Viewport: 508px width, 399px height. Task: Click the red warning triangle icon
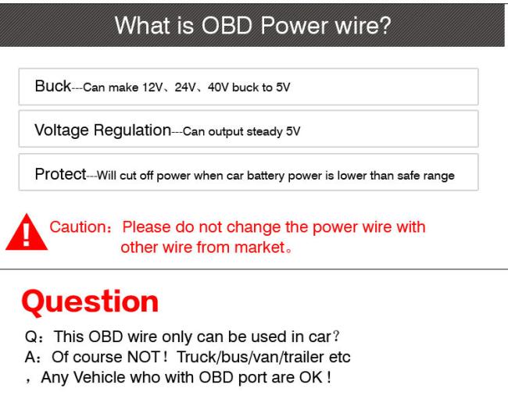[x=27, y=233]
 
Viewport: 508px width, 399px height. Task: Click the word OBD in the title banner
[x=227, y=25]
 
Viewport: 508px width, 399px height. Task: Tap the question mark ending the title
[x=385, y=25]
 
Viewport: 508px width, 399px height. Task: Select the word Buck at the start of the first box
[x=53, y=86]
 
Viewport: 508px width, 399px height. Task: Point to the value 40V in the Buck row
[x=218, y=87]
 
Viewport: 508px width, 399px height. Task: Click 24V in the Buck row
[x=185, y=87]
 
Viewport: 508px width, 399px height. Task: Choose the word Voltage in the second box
[x=62, y=130]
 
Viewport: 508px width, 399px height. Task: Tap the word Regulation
[x=132, y=130]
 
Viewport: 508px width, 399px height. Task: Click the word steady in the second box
[x=264, y=132]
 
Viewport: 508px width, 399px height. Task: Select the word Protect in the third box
[x=61, y=174]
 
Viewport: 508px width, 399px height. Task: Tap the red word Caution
[x=78, y=227]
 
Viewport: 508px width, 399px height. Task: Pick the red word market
[x=259, y=248]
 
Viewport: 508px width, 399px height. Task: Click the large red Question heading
[x=90, y=302]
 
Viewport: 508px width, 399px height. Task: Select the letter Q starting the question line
[x=31, y=337]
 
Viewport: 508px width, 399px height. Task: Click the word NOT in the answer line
[x=143, y=357]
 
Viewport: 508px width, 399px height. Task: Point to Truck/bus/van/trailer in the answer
[x=250, y=357]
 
